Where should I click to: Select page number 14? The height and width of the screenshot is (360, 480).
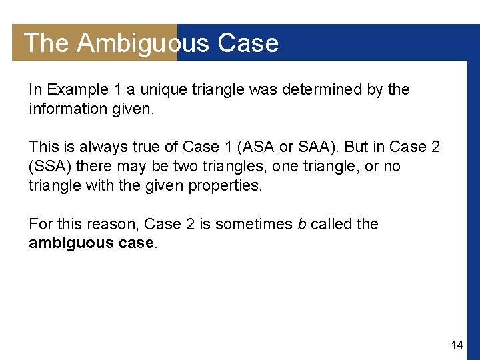pos(457,345)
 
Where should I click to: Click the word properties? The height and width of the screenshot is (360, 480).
pos(227,185)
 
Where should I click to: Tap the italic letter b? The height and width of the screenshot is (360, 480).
pos(301,224)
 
